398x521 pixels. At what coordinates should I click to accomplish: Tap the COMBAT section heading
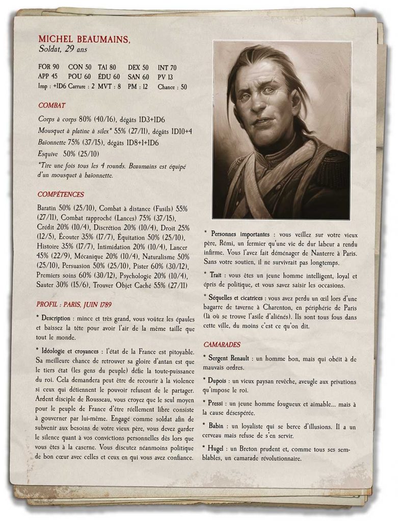point(52,105)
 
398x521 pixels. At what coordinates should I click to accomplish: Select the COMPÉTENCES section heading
point(61,194)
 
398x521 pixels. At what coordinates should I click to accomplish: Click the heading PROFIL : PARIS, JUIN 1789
point(74,304)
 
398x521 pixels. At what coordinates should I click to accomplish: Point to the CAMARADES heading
point(222,344)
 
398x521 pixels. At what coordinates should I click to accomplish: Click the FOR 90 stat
point(49,67)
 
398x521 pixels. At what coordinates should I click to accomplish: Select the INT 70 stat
point(167,67)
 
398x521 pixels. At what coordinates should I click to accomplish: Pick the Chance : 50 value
point(173,86)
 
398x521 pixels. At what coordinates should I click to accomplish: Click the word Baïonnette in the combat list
point(53,143)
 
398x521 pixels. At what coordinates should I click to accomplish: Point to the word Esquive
point(48,154)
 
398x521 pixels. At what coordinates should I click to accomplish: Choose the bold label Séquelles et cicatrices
point(236,297)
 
